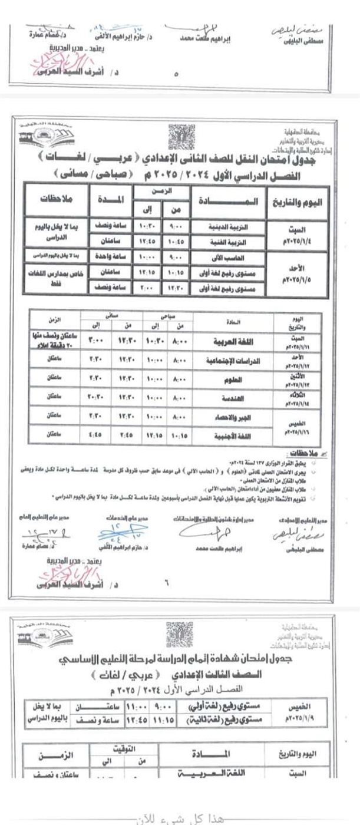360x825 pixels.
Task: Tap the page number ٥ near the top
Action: (x=177, y=75)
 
